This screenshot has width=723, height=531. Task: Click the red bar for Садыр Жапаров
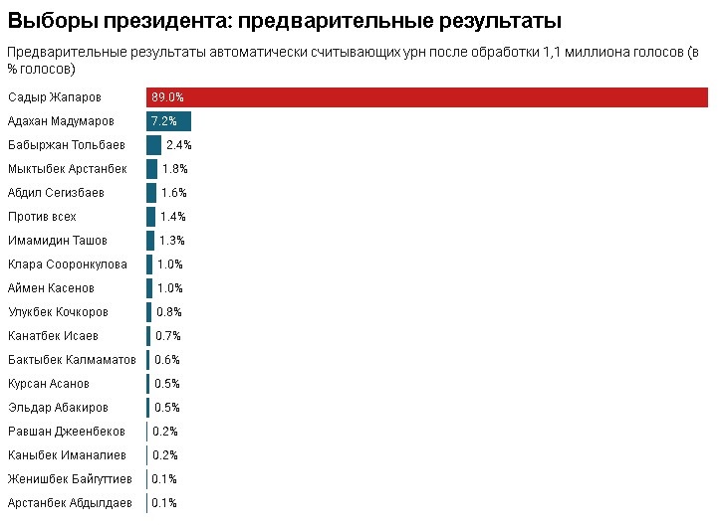click(428, 97)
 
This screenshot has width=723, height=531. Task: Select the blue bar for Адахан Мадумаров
click(168, 121)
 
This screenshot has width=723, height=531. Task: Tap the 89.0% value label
click(167, 97)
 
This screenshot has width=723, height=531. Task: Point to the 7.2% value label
click(164, 121)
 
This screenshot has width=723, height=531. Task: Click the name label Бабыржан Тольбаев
click(66, 145)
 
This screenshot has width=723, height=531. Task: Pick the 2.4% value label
click(179, 145)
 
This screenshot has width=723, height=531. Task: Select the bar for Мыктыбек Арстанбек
click(151, 169)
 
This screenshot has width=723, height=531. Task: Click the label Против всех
click(42, 217)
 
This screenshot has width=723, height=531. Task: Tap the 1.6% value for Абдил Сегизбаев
click(174, 193)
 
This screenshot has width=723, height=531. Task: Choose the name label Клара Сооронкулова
click(68, 265)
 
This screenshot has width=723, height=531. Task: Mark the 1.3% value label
click(172, 241)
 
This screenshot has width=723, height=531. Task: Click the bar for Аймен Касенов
click(149, 288)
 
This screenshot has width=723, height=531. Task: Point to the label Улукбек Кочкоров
click(58, 312)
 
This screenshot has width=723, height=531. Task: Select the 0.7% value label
click(168, 336)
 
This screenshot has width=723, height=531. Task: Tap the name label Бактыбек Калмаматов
click(72, 360)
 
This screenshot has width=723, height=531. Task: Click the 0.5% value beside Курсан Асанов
click(167, 384)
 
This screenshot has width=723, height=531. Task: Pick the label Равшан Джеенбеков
click(67, 432)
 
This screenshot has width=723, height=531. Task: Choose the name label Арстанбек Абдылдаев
click(70, 503)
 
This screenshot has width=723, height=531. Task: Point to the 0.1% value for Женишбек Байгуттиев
click(164, 479)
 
